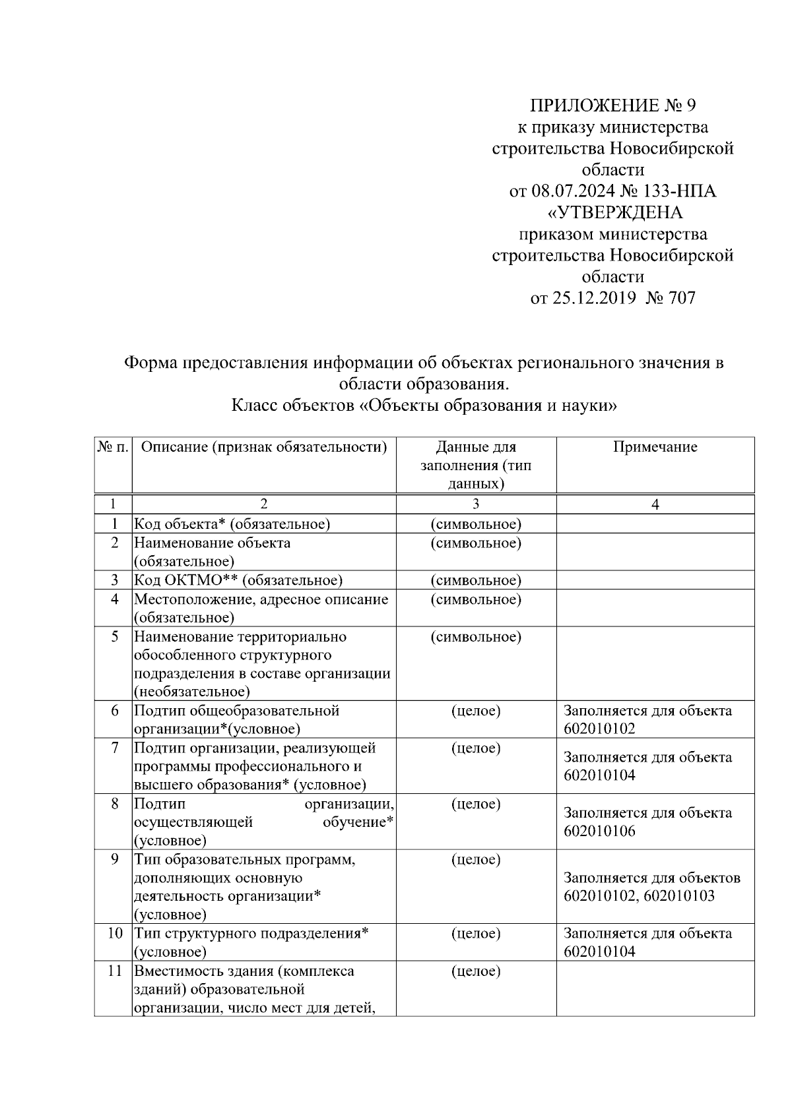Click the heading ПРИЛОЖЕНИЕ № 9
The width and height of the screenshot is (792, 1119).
(613, 106)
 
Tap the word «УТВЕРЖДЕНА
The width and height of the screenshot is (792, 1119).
(613, 213)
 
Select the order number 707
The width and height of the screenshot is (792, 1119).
(682, 298)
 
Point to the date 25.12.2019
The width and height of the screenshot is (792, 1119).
(593, 298)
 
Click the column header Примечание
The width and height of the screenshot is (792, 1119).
(655, 447)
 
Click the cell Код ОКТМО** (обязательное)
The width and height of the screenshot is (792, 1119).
(238, 580)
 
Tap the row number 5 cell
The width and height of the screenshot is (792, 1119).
(114, 637)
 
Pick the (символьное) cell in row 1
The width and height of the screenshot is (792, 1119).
(476, 524)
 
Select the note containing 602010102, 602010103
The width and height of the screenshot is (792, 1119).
(639, 896)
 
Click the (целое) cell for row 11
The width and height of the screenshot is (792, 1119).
(476, 971)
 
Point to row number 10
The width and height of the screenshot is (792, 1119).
(114, 934)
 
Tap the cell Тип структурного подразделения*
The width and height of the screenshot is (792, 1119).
(251, 934)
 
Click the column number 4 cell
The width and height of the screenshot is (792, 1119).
(655, 504)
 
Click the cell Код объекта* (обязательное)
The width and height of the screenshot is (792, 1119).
(232, 524)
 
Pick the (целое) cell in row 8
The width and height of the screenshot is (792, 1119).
(476, 804)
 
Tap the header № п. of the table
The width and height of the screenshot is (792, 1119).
(114, 447)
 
